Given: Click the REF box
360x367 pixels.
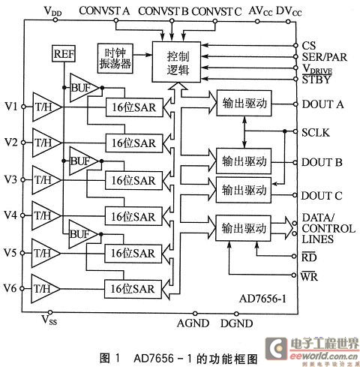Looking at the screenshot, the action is (64, 53).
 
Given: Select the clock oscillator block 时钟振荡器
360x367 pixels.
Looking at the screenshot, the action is (115, 59).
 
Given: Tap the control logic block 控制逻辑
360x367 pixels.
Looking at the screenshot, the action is (176, 62).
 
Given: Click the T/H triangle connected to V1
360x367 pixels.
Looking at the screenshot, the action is (47, 107).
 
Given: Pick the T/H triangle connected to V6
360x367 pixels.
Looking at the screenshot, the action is (46, 289).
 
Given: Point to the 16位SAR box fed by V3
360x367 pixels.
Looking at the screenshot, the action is (133, 181).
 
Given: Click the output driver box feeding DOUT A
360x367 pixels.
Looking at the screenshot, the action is (244, 103).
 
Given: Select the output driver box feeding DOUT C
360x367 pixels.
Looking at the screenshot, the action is (244, 190).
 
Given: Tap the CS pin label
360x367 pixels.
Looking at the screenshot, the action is (309, 46).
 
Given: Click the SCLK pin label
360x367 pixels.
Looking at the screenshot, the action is (316, 133).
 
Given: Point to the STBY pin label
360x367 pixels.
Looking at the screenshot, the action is (316, 80).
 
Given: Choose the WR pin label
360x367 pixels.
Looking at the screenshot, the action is (309, 276).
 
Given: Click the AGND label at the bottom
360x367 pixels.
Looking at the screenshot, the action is (193, 323).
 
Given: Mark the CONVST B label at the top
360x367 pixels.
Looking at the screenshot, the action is (163, 11).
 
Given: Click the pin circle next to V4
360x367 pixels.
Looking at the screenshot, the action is (22, 215).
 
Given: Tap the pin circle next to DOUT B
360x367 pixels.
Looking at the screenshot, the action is (295, 163).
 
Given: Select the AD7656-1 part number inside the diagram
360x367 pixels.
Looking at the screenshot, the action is (262, 299).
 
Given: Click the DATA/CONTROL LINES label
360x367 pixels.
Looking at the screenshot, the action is (328, 228).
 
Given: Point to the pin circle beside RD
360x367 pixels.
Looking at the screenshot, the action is (295, 256).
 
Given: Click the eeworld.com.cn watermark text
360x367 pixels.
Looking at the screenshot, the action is (324, 356).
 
